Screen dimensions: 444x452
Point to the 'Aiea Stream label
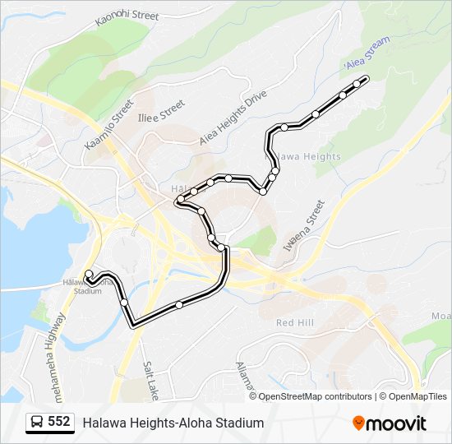coord(366,56)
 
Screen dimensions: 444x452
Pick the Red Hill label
coord(295,323)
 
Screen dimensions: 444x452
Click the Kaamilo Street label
coord(108,125)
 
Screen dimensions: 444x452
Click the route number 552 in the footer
coord(58,422)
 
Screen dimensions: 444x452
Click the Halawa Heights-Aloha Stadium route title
coord(173,423)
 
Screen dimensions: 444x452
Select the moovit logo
coord(390,423)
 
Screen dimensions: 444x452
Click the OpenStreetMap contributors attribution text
coord(315,396)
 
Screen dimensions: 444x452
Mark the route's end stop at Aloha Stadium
coord(89,273)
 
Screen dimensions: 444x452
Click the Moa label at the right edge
coord(441,316)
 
